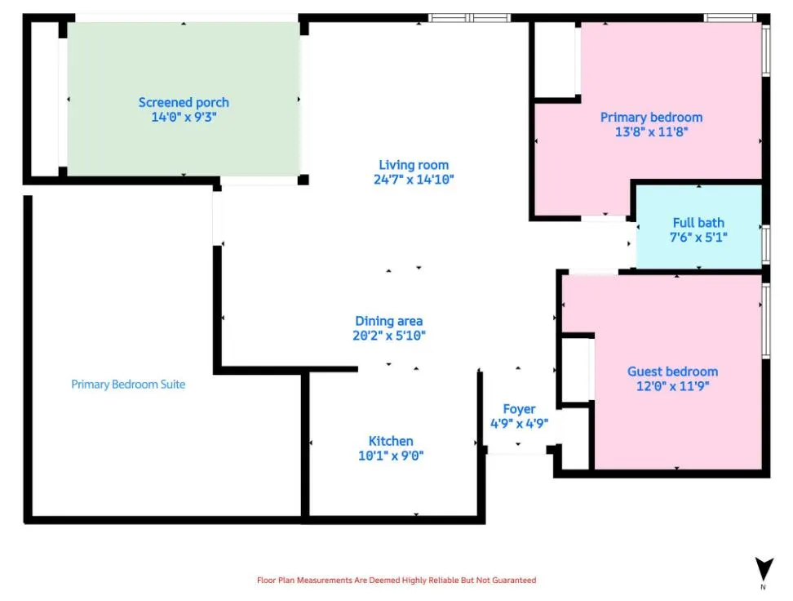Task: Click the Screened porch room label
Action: tap(184, 103)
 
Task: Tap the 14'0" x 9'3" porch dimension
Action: tap(184, 118)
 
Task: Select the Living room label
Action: tap(414, 165)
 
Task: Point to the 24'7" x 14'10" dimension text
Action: tap(414, 180)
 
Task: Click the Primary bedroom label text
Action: tap(651, 118)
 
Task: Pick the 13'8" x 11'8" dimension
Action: tap(651, 132)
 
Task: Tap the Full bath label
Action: tap(698, 223)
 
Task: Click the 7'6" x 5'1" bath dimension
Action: tap(698, 238)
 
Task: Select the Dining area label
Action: tap(389, 321)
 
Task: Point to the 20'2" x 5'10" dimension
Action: tap(389, 336)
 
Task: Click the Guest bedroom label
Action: tap(672, 372)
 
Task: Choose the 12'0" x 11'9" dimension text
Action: tap(672, 386)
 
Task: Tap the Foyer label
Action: tap(519, 409)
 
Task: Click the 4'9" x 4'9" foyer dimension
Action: tap(520, 424)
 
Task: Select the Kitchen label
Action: tap(391, 442)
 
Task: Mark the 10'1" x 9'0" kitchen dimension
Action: tap(391, 456)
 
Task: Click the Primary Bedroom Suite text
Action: tap(128, 385)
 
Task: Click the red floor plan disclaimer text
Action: tap(396, 581)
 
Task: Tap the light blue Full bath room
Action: tap(699, 227)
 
